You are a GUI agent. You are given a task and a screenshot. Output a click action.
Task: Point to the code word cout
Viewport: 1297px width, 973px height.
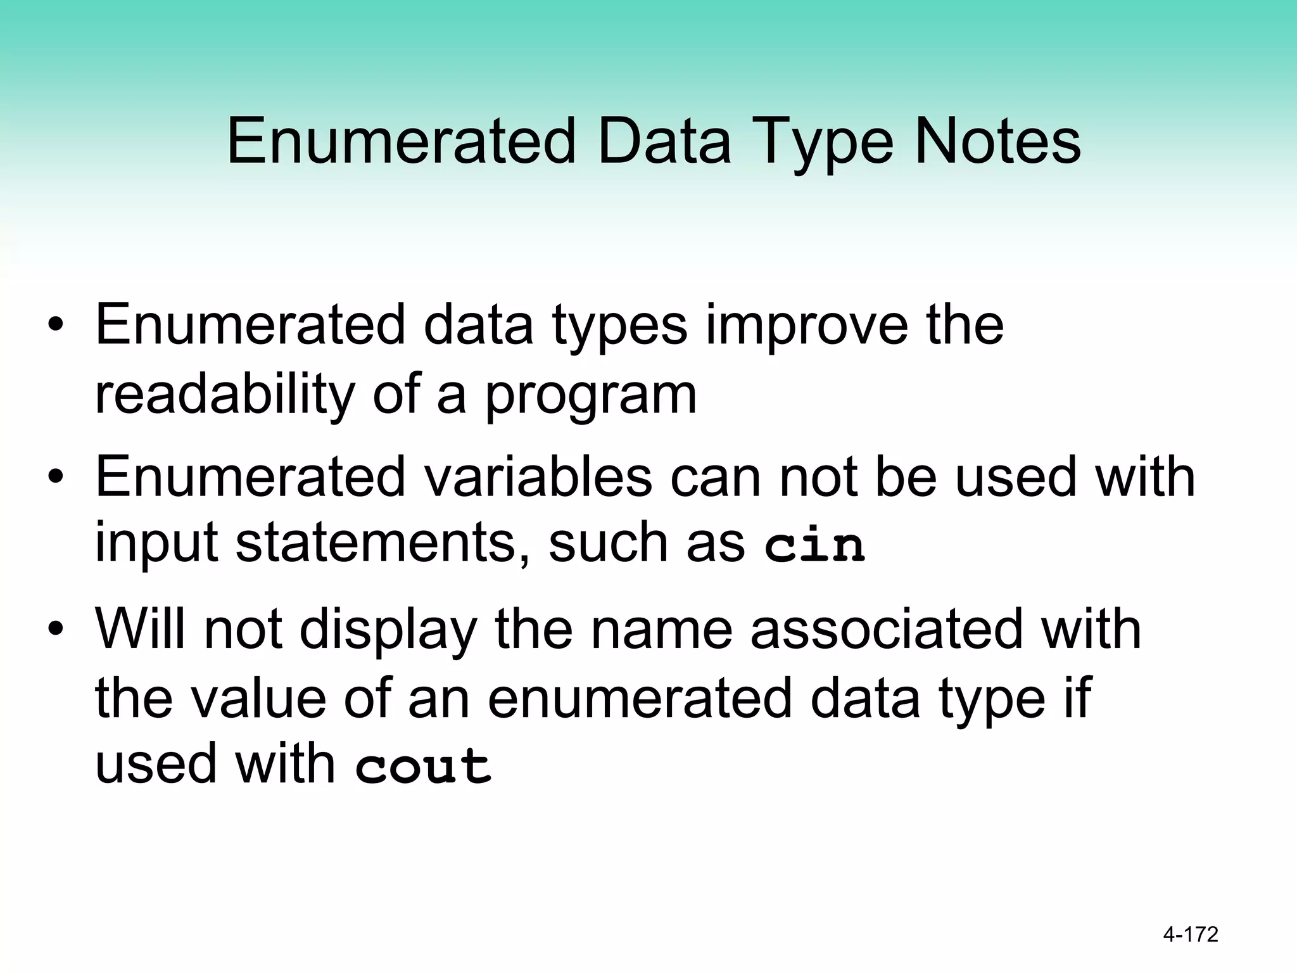tap(423, 765)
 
